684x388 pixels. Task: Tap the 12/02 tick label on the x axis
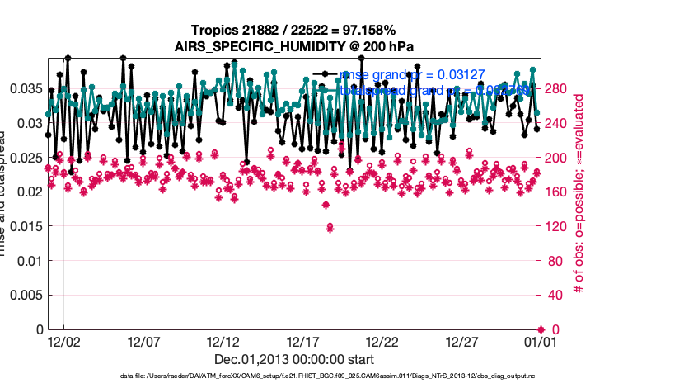click(63, 340)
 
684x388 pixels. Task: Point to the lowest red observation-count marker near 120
click(330, 227)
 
